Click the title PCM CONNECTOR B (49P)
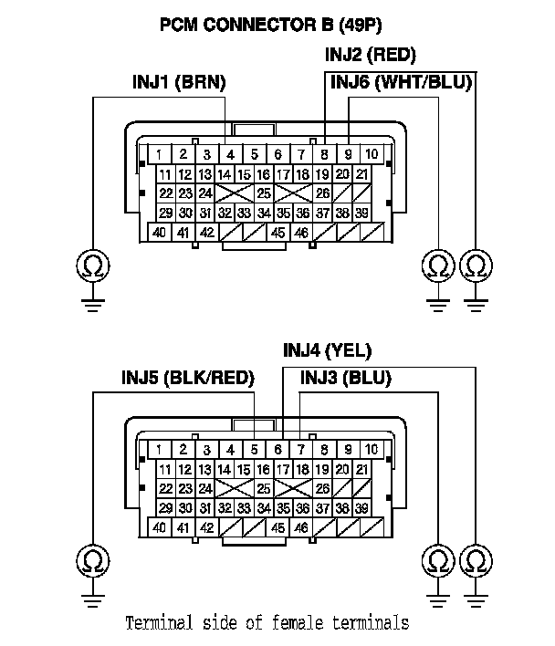coord(271,25)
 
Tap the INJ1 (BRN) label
coord(179,83)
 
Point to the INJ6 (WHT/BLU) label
coord(401,83)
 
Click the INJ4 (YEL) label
coord(327,350)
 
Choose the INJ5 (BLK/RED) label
coord(188,378)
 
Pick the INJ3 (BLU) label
coord(345,378)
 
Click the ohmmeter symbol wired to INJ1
coord(91,266)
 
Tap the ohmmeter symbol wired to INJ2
coord(476,266)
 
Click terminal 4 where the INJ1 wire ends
coord(232,153)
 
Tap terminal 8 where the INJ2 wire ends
coord(325,153)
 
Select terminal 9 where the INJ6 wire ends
coord(349,153)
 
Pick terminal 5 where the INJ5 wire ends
coord(255,449)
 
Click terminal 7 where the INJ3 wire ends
coord(301,449)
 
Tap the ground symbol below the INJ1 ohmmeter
coord(91,299)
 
